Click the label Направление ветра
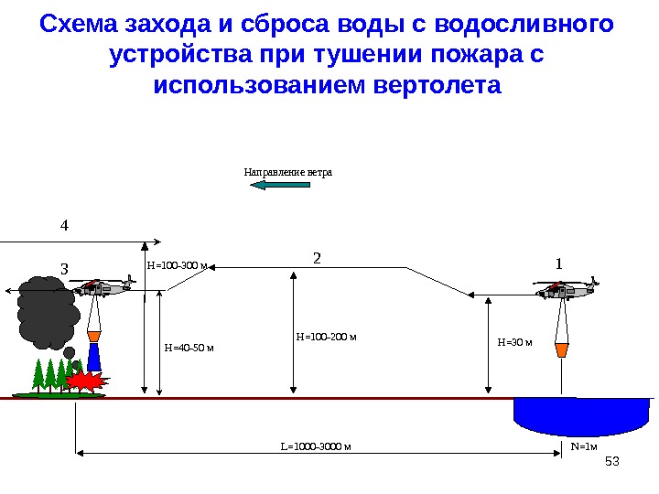click(x=287, y=172)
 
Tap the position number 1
click(x=559, y=263)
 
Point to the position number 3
click(x=64, y=269)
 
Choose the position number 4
click(x=64, y=223)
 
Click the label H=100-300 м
click(x=177, y=266)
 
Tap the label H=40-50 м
click(x=189, y=348)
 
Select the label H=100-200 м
click(x=326, y=338)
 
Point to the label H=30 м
click(x=514, y=342)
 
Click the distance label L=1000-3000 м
click(x=316, y=447)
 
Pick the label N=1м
click(x=583, y=446)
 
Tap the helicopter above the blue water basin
click(x=566, y=290)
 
